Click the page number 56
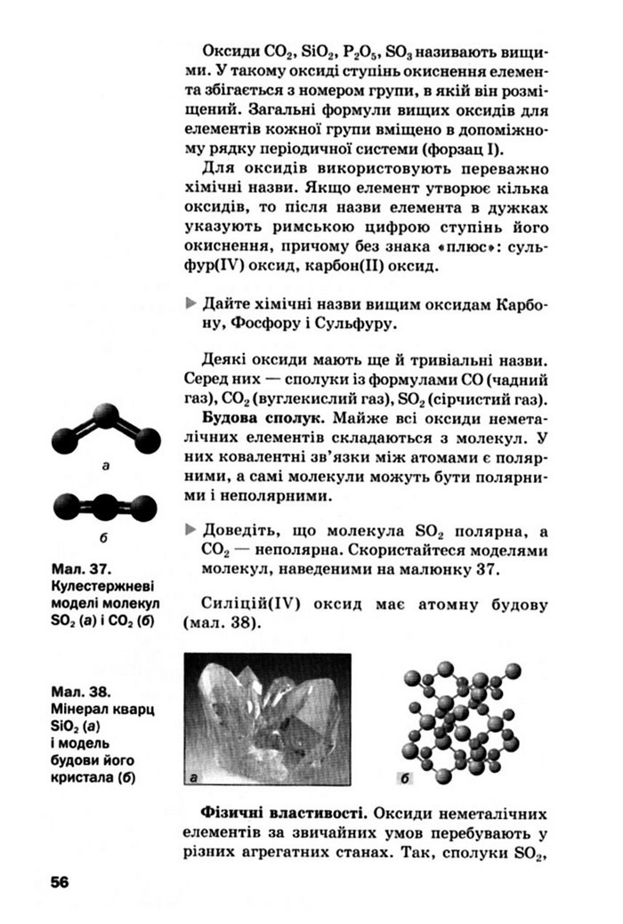point(60,881)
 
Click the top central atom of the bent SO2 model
point(106,414)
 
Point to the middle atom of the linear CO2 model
point(106,507)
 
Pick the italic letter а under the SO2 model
point(106,465)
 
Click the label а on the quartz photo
point(194,778)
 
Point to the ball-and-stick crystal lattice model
point(463,720)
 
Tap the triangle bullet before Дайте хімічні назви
point(189,303)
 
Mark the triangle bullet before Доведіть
point(189,529)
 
